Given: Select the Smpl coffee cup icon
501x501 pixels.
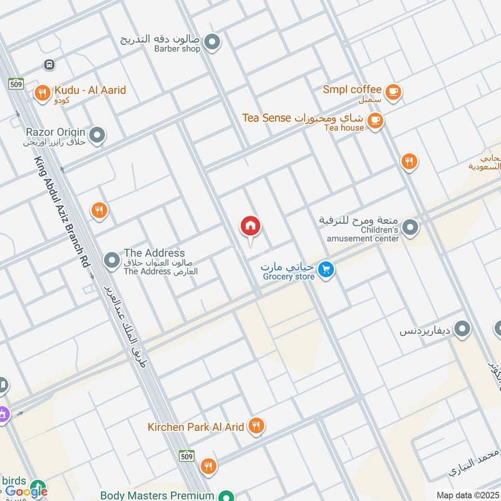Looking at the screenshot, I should [x=393, y=92].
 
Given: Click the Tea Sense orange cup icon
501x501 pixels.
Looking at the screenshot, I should [x=374, y=121].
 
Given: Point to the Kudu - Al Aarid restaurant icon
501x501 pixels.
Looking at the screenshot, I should [x=43, y=93].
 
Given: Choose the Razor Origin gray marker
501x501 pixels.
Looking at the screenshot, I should [x=96, y=135].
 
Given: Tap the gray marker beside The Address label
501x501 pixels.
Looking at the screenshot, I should [x=111, y=259].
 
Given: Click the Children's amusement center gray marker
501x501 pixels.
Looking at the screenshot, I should [x=410, y=227].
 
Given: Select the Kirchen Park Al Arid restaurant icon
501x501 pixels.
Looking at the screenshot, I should [x=256, y=426].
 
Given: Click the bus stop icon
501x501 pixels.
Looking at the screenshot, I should [x=49, y=65].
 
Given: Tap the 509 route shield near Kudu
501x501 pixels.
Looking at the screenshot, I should [x=16, y=83].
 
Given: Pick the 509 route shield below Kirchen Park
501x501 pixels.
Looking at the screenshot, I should [x=186, y=455].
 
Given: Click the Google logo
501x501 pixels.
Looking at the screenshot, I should [x=26, y=492].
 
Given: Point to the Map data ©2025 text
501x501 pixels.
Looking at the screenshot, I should [x=467, y=495].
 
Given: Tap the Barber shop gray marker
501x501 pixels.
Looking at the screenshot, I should [x=212, y=43].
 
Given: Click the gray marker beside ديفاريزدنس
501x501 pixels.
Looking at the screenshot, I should [x=462, y=329].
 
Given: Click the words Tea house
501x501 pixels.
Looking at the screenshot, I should [x=344, y=128].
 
